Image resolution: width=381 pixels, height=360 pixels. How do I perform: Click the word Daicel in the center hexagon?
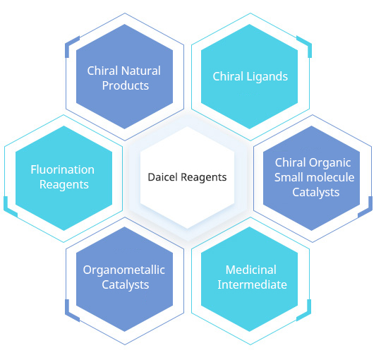tap(163, 177)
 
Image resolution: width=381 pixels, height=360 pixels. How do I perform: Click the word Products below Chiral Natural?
tap(126, 85)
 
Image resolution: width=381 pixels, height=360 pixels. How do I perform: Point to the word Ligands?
tap(267, 77)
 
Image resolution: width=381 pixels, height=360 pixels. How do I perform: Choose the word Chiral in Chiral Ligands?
tap(228, 76)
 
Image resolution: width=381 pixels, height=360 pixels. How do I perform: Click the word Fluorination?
tap(63, 169)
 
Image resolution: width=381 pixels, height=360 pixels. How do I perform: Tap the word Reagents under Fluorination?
tap(64, 185)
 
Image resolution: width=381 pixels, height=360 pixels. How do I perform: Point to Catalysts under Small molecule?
tap(316, 193)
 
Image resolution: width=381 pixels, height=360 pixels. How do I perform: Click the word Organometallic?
tap(124, 270)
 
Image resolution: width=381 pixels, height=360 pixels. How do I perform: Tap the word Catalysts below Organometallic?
tap(126, 285)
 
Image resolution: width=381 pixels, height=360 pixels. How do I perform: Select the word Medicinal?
tap(251, 270)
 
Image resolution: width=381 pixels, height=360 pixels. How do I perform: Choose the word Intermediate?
tap(252, 284)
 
